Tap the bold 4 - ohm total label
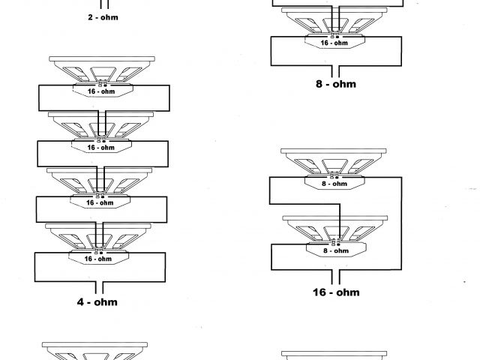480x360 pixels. tap(97, 302)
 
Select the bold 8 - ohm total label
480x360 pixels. tap(335, 84)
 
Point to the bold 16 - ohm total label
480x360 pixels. tap(335, 292)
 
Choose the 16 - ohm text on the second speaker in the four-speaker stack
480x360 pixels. tap(100, 148)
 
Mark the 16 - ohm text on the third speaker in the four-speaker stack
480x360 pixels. tap(100, 202)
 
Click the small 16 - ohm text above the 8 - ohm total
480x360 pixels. tap(334, 43)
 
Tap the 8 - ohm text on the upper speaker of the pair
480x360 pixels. tap(334, 184)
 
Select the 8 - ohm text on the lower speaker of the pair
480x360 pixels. tap(334, 251)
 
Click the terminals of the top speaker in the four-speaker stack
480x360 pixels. tap(100, 83)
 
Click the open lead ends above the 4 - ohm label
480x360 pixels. tap(98, 286)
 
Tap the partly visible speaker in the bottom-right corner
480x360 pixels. tap(334, 355)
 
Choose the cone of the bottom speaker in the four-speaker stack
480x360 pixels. tap(100, 238)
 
